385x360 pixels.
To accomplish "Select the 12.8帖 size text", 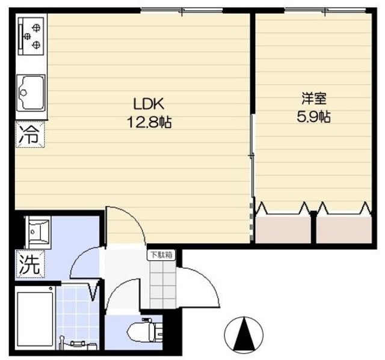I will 149,122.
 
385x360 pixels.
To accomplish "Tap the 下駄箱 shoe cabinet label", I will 161,254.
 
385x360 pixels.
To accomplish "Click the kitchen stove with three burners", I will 32,36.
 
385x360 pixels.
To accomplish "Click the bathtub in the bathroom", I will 32,319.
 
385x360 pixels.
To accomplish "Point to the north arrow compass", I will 244,334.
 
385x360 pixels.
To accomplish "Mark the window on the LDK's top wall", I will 182,10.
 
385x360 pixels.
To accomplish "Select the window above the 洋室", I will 325,10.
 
